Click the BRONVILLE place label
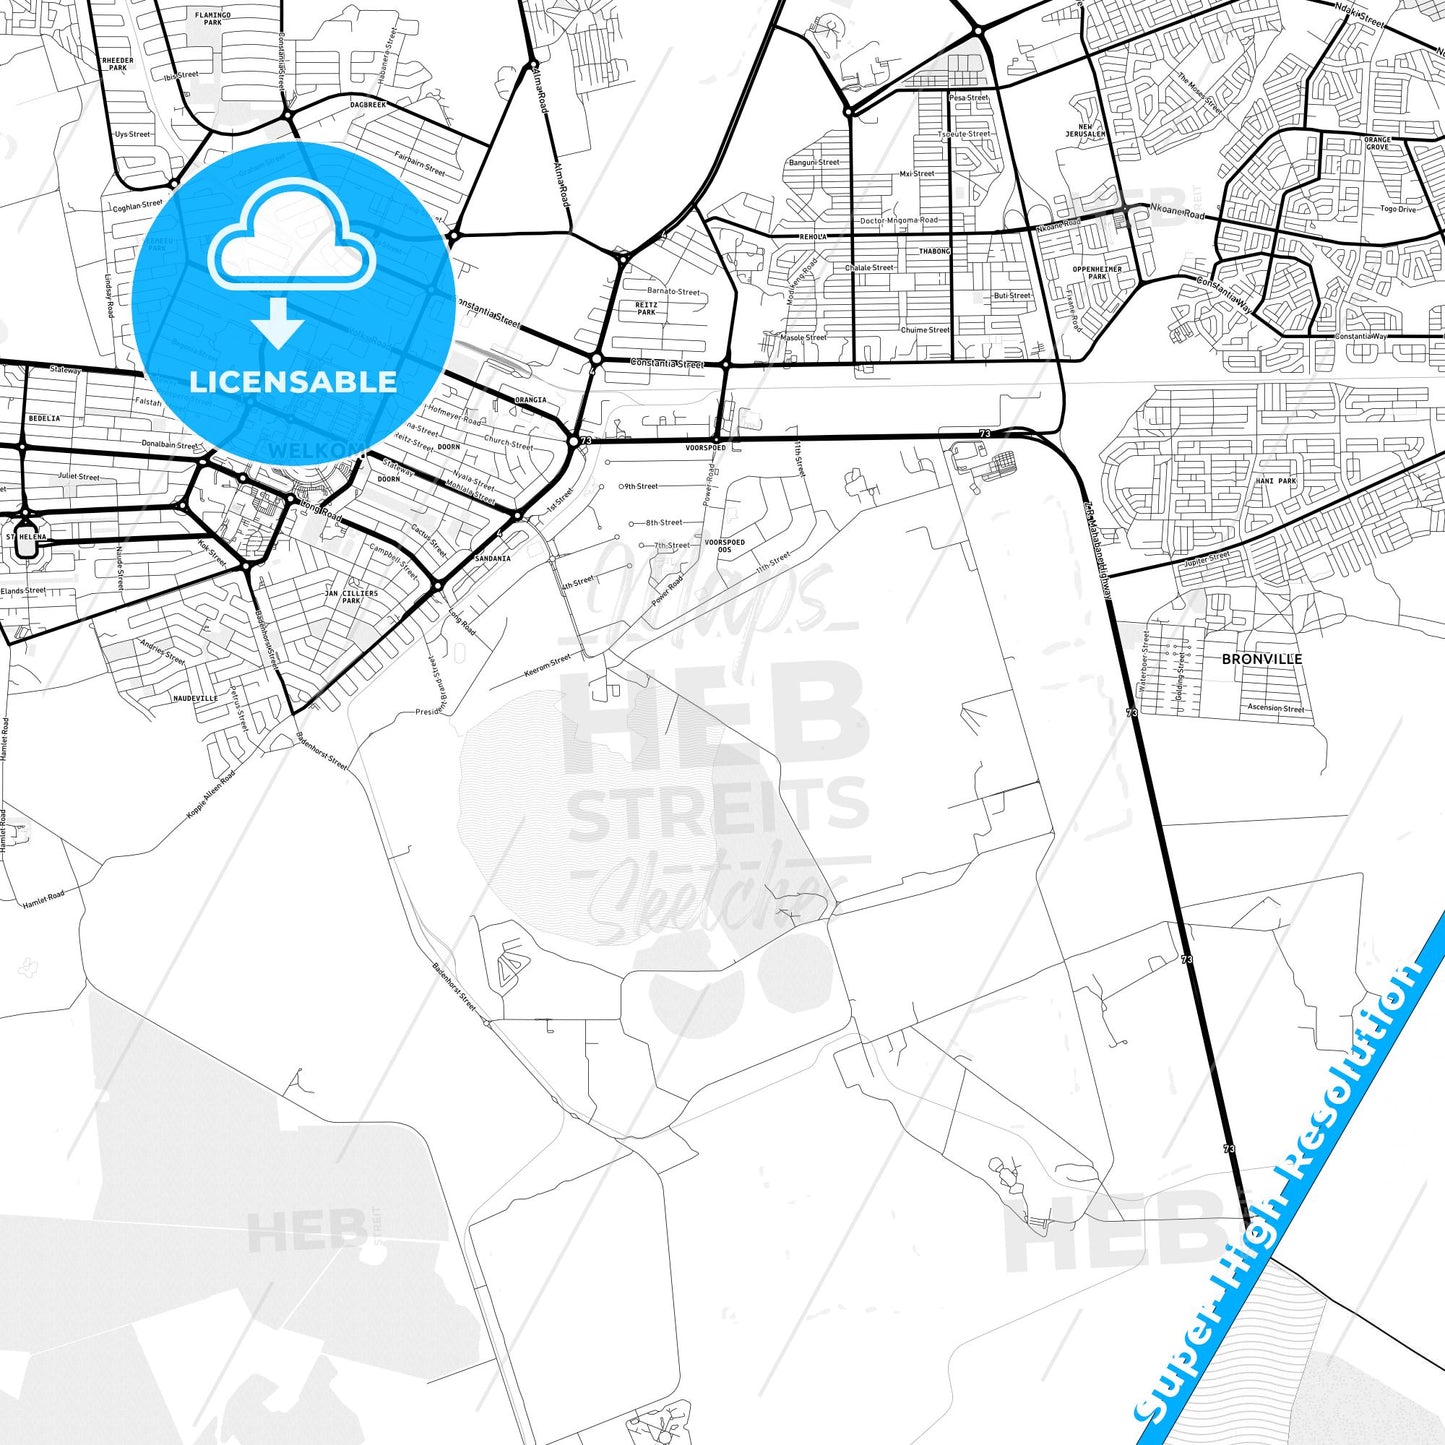pos(1262,659)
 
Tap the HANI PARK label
pos(1275,481)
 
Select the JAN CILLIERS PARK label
pos(352,597)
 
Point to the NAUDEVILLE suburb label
pos(195,698)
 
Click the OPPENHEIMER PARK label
pos(1097,273)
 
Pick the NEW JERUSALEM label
pos(1085,130)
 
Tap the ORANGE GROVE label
pos(1377,143)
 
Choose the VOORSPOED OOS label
pos(725,546)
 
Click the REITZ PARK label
pos(647,308)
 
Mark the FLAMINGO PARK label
pos(213,18)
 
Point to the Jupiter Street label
pos(1207,559)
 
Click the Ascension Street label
pos(1276,708)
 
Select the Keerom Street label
pos(547,666)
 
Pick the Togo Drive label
pos(1398,209)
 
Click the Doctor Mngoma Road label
pos(899,220)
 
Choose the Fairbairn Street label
pos(419,163)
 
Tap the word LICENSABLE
pos(293,381)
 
